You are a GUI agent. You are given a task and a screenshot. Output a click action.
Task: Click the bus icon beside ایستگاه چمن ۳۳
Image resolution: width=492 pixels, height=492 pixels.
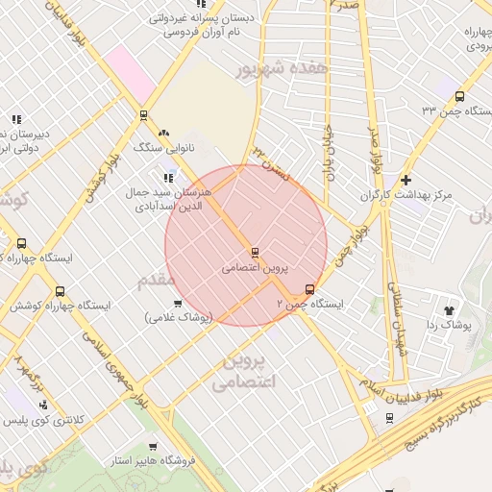(460, 96)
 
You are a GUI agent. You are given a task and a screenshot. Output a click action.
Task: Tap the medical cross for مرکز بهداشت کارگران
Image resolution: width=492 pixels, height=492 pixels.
(406, 180)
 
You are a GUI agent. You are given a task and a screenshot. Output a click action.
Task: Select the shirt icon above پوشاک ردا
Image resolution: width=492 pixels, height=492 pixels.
(449, 309)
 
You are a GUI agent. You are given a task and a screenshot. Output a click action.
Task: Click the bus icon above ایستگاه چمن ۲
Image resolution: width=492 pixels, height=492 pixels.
(309, 288)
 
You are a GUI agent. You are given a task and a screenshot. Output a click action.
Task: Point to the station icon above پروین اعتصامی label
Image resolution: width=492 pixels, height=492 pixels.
(254, 253)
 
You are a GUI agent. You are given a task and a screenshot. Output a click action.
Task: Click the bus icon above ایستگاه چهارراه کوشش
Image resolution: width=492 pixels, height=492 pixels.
(61, 291)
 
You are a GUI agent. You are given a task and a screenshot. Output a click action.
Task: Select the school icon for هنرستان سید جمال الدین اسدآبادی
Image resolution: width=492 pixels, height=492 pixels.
(169, 177)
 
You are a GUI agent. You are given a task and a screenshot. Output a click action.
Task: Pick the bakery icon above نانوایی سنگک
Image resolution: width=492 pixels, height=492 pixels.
(164, 134)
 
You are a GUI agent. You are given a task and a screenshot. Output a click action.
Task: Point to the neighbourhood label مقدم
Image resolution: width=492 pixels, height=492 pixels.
(156, 280)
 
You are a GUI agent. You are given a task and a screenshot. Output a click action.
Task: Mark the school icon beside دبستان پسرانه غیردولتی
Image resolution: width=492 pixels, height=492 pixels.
(155, 16)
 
